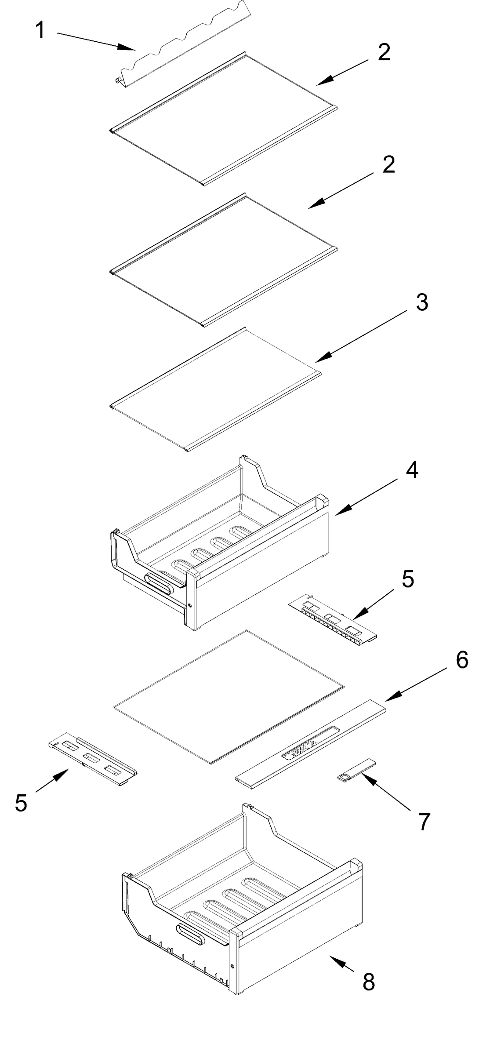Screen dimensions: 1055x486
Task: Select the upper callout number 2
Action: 384,53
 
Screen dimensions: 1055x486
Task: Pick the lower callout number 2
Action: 388,165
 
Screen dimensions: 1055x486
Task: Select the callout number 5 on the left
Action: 21,803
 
